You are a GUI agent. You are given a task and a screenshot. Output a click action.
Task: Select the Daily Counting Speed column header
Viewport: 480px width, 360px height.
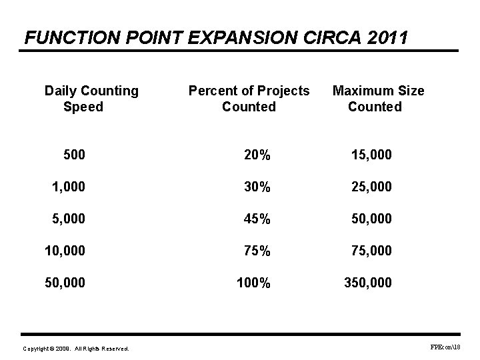coord(91,99)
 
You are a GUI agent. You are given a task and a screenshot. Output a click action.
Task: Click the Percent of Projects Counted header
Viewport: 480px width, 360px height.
coord(249,99)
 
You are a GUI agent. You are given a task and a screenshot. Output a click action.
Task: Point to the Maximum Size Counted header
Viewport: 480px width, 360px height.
coord(377,99)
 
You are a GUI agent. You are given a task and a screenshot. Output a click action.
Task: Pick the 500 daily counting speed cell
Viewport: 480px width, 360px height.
coord(74,155)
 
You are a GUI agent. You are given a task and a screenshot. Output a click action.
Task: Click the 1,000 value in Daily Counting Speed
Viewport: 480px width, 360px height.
coord(69,187)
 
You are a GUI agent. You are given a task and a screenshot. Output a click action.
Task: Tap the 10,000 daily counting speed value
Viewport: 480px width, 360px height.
coord(65,251)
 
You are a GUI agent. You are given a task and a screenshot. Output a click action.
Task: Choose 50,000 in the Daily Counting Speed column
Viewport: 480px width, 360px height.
coord(65,283)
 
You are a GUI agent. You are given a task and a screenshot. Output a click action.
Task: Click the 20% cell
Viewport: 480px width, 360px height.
coord(257,155)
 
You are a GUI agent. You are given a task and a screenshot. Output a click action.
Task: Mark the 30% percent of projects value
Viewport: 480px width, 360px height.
coord(257,187)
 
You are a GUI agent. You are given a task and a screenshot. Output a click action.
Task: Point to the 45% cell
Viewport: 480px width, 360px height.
coord(257,219)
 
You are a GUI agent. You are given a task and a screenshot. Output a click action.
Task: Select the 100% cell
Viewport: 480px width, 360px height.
coord(253,283)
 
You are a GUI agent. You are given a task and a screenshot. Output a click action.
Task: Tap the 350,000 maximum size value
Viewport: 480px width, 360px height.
coord(368,283)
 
